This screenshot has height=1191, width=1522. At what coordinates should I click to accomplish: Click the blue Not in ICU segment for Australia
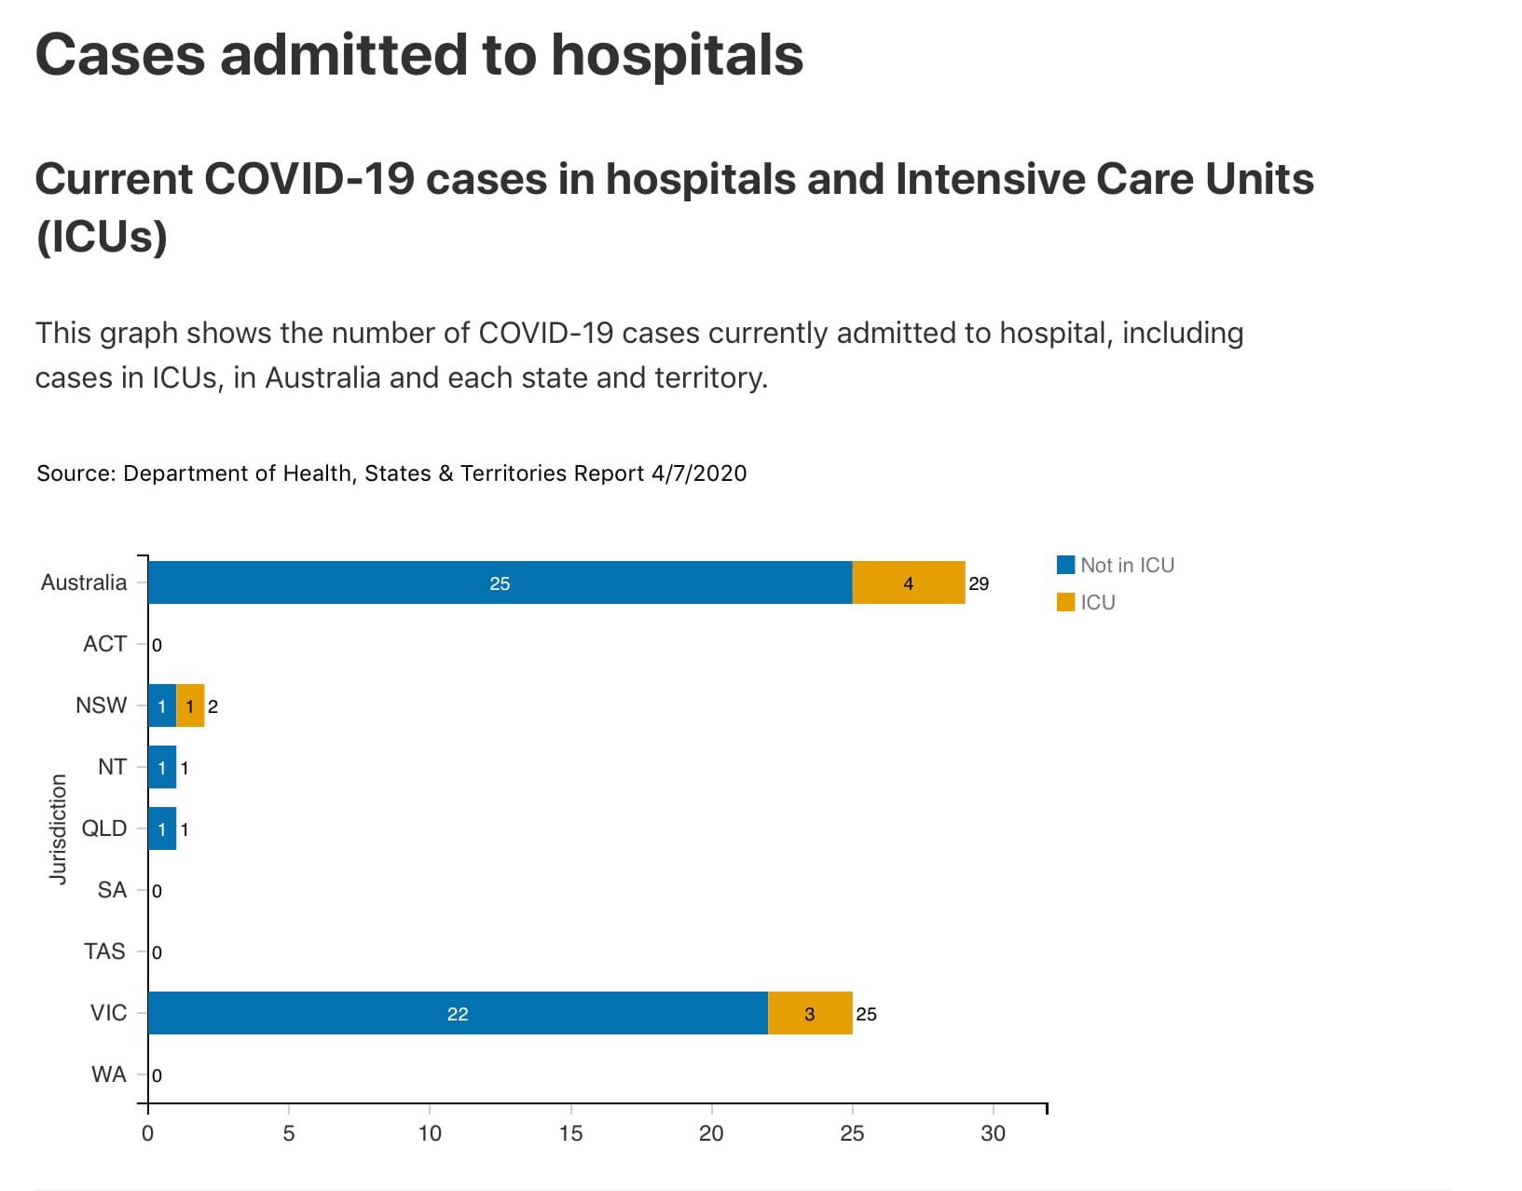[x=500, y=582]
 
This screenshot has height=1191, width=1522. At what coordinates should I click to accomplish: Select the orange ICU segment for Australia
[x=908, y=582]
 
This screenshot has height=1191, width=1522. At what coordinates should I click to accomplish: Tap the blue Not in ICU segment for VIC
[x=457, y=1013]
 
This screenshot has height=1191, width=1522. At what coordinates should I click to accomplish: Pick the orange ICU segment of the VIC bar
[x=809, y=1013]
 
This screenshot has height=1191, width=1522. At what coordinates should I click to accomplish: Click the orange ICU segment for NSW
[x=190, y=705]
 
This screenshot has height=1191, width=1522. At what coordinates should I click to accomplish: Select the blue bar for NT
[x=162, y=767]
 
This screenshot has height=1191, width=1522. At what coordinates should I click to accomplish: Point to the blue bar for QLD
[x=162, y=828]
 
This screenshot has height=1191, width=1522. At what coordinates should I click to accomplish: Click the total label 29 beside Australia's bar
[x=979, y=583]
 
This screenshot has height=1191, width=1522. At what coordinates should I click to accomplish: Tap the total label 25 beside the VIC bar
[x=866, y=1014]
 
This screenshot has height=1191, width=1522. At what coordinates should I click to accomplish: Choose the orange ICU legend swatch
[x=1065, y=602]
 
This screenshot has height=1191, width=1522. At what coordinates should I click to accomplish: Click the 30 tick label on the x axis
[x=993, y=1133]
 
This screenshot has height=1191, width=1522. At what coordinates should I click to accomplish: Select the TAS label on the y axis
[x=104, y=951]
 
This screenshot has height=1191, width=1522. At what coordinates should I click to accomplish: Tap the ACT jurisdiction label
[x=104, y=644]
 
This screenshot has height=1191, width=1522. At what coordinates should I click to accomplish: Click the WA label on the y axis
[x=108, y=1075]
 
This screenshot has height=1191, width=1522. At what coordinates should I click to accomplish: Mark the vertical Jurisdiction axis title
[x=59, y=828]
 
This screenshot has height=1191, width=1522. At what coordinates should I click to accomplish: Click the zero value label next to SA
[x=157, y=891]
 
